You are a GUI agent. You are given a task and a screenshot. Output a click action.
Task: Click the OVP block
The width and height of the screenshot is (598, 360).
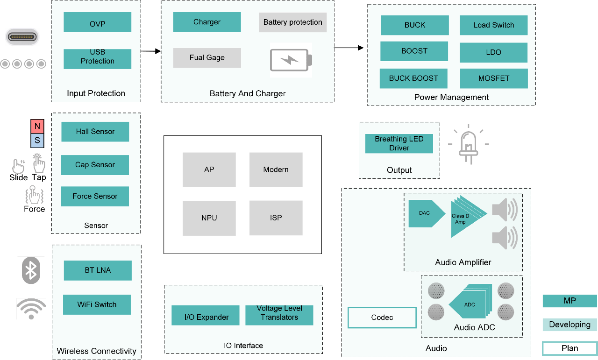coord(97,22)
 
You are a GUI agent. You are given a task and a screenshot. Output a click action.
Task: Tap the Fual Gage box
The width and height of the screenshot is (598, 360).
coord(207,58)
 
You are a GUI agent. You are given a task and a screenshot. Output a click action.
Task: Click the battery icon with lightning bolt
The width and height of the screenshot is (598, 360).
coord(291,60)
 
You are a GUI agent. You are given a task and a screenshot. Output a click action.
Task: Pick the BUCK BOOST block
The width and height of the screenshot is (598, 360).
coord(413,78)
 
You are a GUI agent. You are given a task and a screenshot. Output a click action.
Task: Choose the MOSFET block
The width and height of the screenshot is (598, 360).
coord(494,78)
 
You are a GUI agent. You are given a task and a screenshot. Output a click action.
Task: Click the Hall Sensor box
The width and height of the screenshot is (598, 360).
coord(95,132)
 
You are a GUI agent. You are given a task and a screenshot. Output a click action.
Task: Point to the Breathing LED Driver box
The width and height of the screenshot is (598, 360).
coord(399,143)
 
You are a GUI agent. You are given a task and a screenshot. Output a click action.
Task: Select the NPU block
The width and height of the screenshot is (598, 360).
coord(209,218)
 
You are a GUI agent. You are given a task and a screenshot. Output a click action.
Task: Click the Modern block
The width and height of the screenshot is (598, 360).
coord(276,169)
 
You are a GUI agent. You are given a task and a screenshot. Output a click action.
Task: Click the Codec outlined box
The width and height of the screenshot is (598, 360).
coord(382,318)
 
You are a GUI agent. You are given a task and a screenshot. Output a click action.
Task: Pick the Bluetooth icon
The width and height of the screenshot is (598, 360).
coord(31,270)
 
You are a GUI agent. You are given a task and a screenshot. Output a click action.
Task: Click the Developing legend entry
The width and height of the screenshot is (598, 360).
coord(570,325)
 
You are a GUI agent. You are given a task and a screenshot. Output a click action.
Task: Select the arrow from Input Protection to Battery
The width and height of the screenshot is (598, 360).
coord(150,51)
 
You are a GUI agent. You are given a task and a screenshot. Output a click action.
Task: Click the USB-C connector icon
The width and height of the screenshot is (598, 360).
coord(22,37)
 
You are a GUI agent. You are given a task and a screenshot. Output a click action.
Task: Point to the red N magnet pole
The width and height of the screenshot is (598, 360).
coord(37,126)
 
